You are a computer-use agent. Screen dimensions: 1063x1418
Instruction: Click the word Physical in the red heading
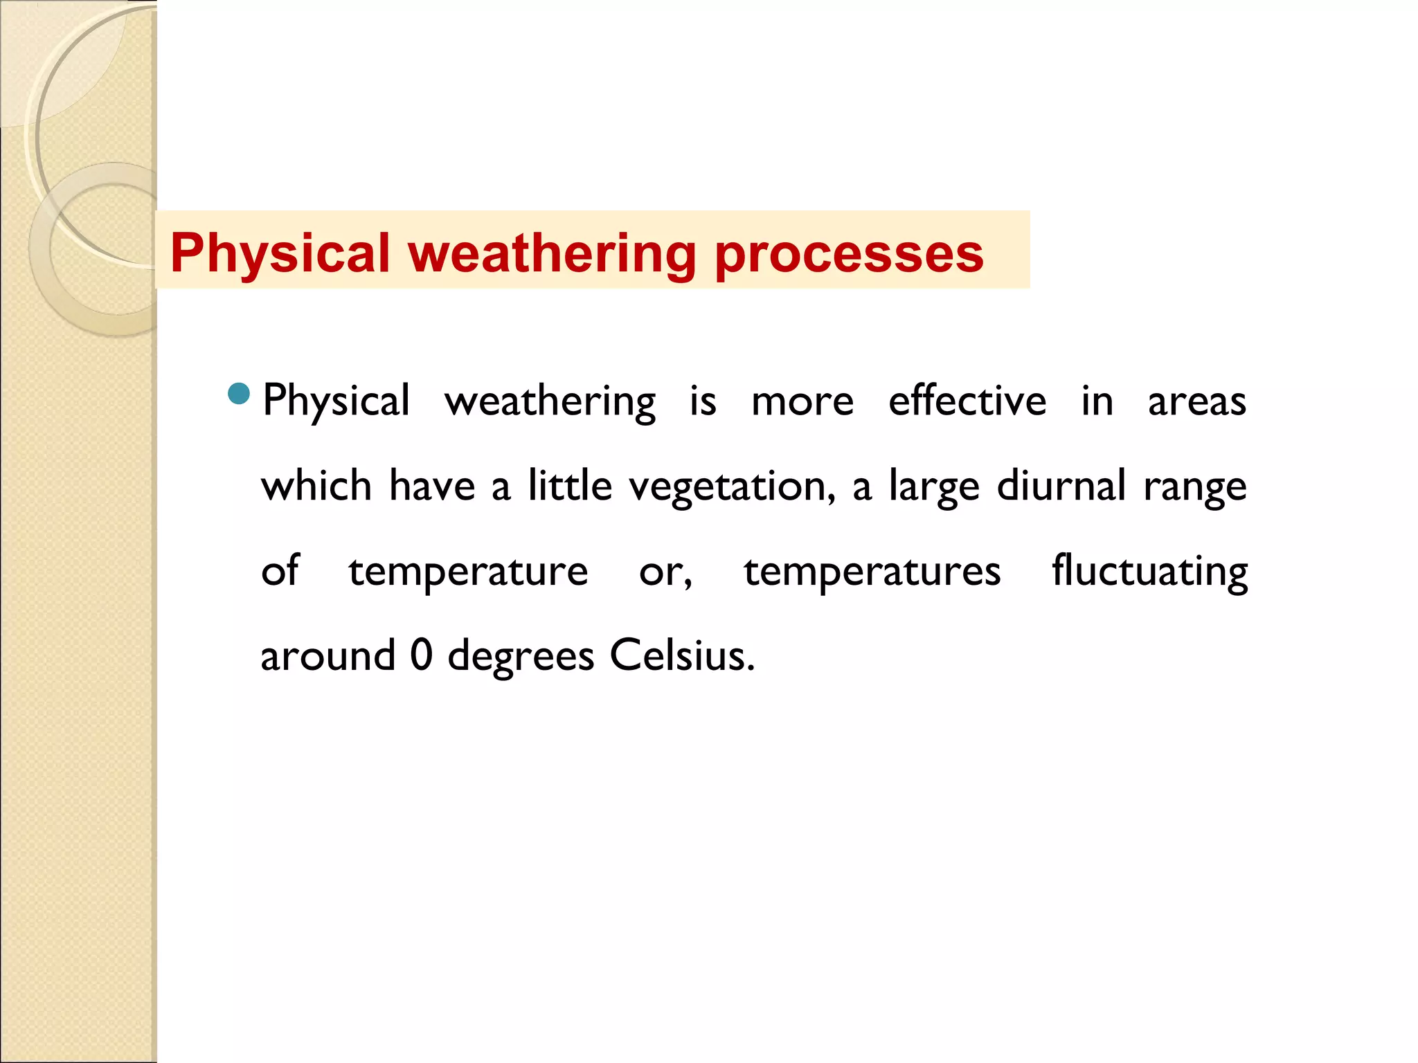pos(280,253)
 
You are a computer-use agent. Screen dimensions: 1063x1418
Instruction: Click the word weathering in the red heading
pos(552,253)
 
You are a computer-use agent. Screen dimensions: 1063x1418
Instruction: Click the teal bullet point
pos(238,394)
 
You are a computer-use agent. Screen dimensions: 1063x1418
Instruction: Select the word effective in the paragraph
pos(967,401)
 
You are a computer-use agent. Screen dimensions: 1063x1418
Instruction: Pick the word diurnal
pos(1061,486)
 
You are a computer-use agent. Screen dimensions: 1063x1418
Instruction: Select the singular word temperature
pos(468,572)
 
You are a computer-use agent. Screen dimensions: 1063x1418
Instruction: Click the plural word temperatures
pos(872,572)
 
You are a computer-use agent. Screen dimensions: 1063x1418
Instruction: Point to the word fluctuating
pos(1149,572)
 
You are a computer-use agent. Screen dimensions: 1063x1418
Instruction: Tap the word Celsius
pos(681,655)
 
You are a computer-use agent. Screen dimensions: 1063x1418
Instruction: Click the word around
pos(327,656)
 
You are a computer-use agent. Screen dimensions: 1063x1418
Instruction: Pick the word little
pos(570,485)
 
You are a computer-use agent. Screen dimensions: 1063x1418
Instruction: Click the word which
pos(316,486)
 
